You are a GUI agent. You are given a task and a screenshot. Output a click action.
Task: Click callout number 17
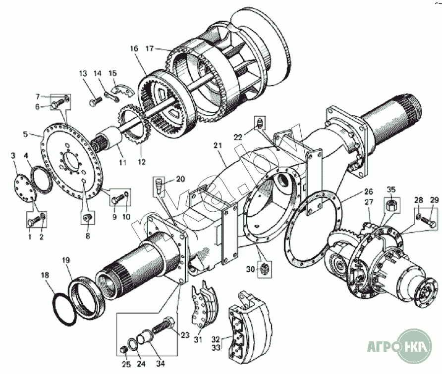tap(151, 48)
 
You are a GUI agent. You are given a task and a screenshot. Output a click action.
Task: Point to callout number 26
tap(368, 191)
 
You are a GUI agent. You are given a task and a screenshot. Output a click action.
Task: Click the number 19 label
tap(65, 260)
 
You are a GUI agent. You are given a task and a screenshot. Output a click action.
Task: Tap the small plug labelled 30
tap(265, 269)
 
